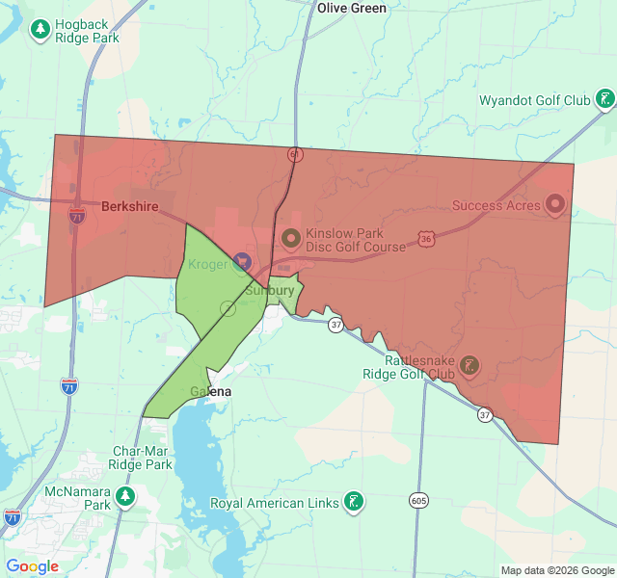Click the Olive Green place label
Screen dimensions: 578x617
point(352,8)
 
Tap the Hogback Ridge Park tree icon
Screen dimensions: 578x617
point(40,30)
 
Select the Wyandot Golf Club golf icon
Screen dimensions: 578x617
point(604,99)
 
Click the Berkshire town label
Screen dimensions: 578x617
point(130,206)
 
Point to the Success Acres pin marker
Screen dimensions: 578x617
point(554,204)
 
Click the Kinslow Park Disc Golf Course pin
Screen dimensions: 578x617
point(290,237)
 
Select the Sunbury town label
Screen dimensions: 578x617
point(270,290)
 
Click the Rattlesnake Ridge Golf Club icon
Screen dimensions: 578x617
point(469,365)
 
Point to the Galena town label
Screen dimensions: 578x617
point(210,392)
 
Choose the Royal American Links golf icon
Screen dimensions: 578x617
point(356,501)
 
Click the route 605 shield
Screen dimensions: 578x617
point(417,501)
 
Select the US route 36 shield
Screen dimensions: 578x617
point(425,237)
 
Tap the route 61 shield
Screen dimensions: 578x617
point(294,154)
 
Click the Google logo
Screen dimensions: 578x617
point(33,566)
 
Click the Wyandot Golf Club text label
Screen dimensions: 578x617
point(534,100)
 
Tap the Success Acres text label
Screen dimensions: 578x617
point(492,205)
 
